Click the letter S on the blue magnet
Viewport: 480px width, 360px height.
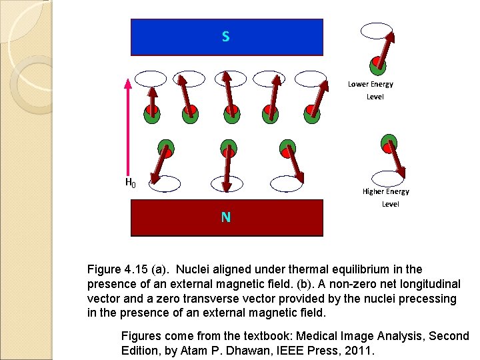point(226,37)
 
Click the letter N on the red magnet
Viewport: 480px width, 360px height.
point(226,217)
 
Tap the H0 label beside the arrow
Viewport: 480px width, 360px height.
point(131,182)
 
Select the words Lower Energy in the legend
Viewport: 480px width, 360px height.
point(370,84)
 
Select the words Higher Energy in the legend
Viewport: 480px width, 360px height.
point(385,191)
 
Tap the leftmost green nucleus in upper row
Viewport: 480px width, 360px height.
point(152,114)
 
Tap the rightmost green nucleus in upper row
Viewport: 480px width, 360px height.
point(312,114)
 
